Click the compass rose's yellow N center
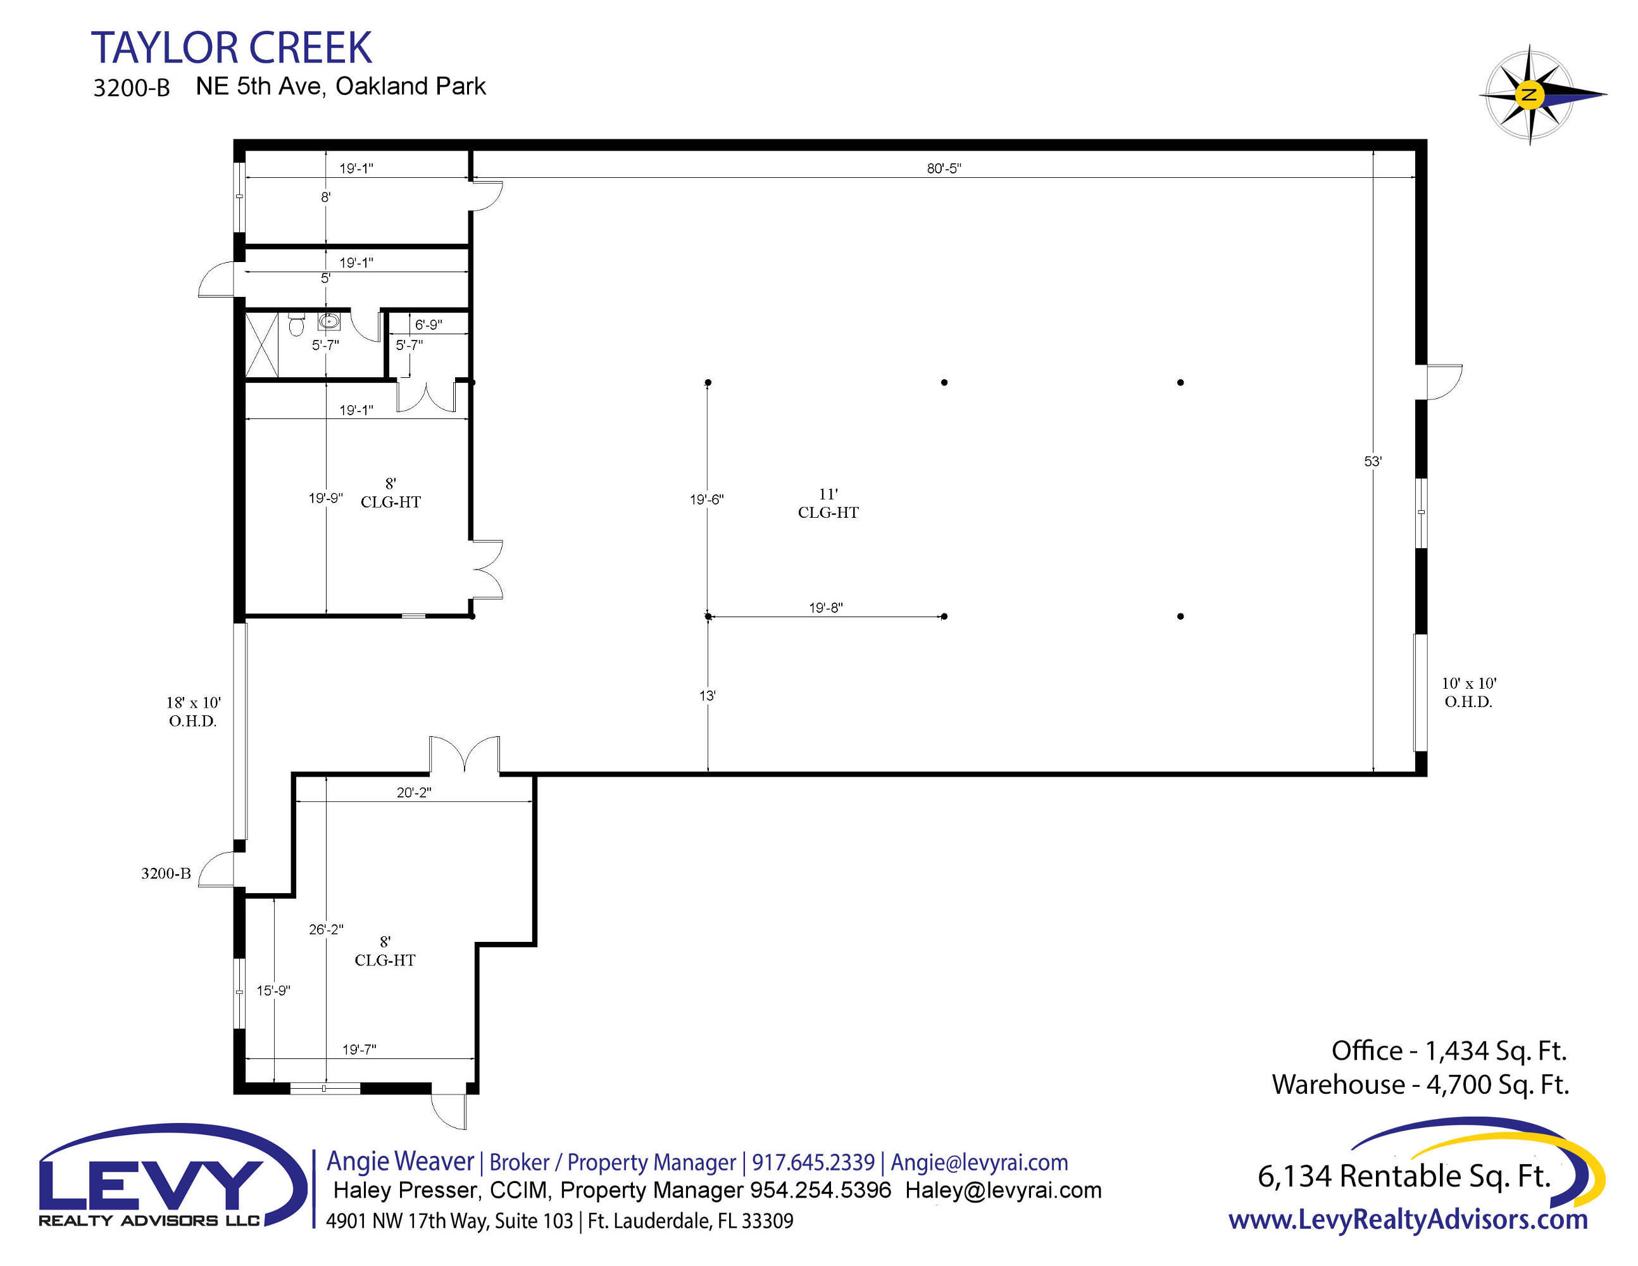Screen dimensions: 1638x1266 [1529, 95]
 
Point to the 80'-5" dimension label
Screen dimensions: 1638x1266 [944, 168]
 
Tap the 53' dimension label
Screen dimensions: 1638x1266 [1373, 461]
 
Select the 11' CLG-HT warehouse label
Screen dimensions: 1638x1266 [828, 503]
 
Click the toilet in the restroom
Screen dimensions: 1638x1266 [296, 324]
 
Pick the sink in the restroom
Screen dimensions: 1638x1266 [328, 322]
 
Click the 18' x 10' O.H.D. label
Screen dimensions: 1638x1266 [193, 711]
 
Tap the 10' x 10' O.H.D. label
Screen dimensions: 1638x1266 [1468, 693]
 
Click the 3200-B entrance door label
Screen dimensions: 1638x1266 [166, 873]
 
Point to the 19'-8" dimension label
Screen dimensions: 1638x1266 [826, 608]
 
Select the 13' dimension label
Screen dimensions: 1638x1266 [707, 696]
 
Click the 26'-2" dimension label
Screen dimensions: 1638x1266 [326, 929]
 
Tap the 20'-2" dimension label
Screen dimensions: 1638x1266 [414, 792]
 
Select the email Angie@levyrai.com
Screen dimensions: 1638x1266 [980, 1162]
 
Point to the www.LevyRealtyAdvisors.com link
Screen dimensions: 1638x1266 [1408, 1220]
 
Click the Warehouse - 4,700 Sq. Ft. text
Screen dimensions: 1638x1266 [1420, 1084]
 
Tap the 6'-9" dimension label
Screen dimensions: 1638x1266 [428, 325]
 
